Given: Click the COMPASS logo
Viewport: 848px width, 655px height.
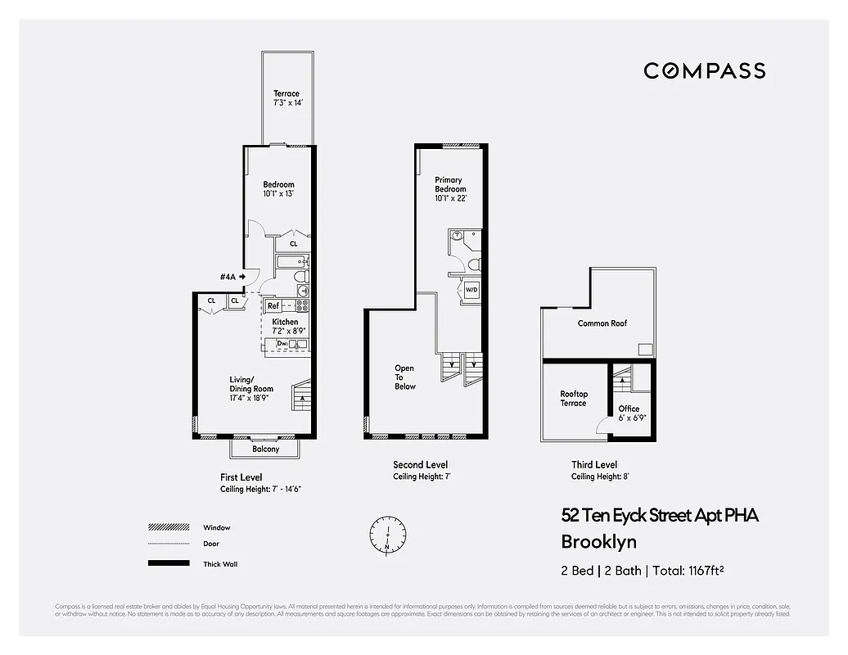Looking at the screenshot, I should pos(704,70).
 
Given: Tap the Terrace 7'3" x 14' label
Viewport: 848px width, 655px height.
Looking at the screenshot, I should pos(286,99).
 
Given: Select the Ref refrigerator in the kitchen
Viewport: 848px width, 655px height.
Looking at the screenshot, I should pos(273,305).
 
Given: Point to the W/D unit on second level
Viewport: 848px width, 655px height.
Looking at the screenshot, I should pos(471,290).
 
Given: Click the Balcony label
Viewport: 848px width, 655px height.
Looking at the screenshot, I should pos(265,449).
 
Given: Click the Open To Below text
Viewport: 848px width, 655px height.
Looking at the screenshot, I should pos(405,377).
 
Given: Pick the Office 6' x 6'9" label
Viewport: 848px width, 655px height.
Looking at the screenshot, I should pos(629,413).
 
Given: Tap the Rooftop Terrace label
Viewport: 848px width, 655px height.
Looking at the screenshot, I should pos(573,399).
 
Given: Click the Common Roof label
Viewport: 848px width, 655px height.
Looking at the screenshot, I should pos(602,323).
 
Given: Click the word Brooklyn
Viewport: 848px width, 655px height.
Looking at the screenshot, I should pos(598,541).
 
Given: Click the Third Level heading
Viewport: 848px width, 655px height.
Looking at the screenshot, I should pos(594,464).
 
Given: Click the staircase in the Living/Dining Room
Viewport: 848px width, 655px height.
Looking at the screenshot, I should pos(303,395).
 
